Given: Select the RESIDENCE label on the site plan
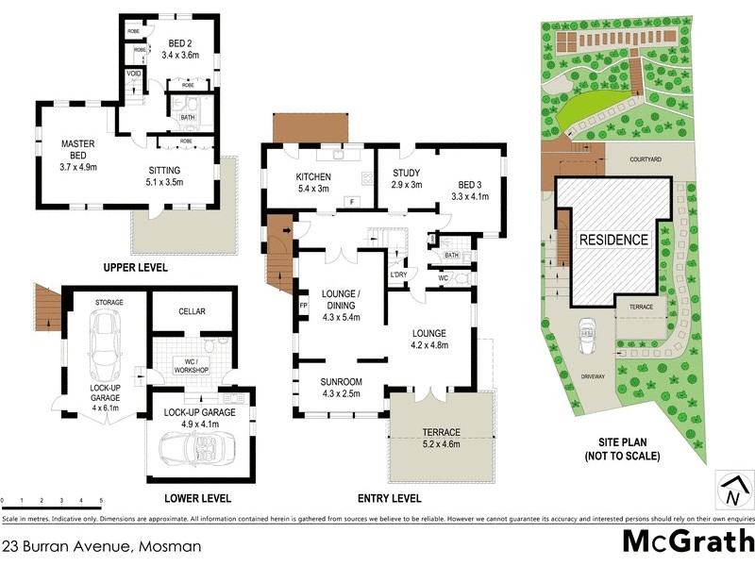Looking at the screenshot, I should [612, 240].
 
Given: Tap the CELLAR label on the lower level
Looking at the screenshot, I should [192, 311].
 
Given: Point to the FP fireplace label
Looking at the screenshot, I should [304, 307].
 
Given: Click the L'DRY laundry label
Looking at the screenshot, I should [398, 275].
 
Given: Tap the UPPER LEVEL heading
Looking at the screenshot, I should [135, 268].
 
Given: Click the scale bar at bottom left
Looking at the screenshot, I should [51, 499].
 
